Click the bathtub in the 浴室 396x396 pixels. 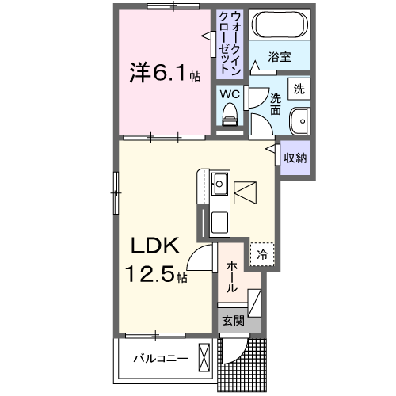click(278, 28)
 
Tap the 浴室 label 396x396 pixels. click(279, 57)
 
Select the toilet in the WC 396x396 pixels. click(230, 116)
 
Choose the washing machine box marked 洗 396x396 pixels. click(299, 89)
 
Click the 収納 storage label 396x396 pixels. click(295, 157)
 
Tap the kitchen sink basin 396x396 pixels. click(219, 187)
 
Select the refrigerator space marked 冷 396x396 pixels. click(261, 255)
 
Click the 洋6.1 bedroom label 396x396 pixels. click(161, 74)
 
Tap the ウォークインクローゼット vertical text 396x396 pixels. click(230, 42)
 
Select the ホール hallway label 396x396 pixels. click(231, 278)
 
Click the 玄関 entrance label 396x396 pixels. click(231, 320)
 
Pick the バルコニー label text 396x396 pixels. click(160, 359)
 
